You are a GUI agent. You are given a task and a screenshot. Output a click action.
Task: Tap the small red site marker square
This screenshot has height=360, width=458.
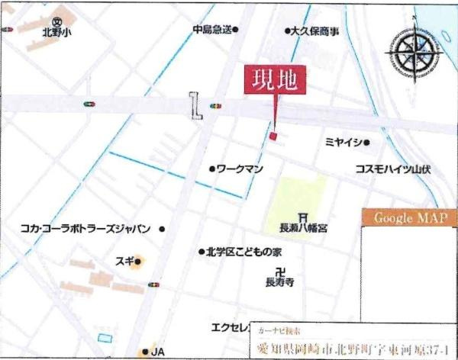(273, 136)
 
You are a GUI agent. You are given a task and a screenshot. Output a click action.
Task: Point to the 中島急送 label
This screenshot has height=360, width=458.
(211, 30)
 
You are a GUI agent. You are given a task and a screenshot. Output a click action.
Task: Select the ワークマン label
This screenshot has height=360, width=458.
(240, 168)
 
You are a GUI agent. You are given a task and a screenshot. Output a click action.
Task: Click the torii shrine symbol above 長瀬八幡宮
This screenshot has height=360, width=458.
(303, 216)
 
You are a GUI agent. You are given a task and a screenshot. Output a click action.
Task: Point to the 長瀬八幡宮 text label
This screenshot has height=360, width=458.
(303, 228)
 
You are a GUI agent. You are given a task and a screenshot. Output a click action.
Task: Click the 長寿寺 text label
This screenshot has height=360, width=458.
(279, 283)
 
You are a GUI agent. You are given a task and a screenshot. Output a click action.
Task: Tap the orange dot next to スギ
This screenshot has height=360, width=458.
(139, 264)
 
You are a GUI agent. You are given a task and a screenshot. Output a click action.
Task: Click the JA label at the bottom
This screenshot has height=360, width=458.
(157, 352)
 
